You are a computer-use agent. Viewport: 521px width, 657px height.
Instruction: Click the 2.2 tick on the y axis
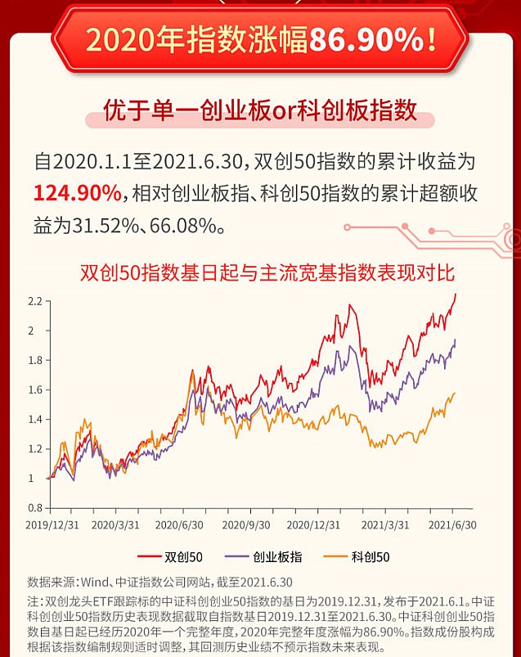click(34, 301)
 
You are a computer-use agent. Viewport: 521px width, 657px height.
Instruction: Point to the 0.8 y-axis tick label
click(34, 507)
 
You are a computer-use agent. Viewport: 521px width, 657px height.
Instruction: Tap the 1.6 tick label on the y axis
click(34, 389)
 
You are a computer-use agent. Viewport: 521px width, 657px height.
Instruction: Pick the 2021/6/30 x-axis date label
click(452, 524)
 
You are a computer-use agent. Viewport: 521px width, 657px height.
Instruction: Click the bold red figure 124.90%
click(77, 193)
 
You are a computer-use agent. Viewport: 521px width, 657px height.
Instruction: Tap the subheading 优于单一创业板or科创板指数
click(260, 110)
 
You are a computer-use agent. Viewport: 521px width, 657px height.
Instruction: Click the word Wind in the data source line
click(94, 583)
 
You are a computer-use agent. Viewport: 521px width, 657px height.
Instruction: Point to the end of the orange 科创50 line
click(455, 394)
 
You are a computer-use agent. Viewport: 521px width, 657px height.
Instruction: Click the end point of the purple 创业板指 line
click(456, 340)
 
